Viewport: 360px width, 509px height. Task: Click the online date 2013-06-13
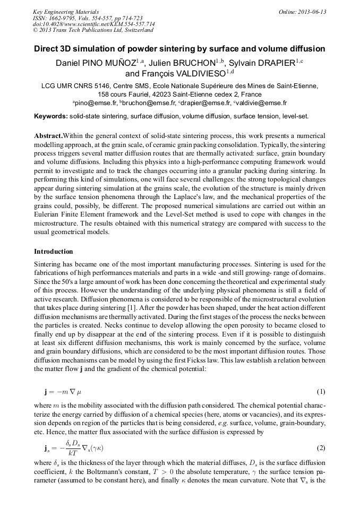[x=312, y=12]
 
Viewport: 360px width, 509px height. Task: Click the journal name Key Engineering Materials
[x=65, y=12]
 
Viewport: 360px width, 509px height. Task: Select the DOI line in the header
[x=93, y=24]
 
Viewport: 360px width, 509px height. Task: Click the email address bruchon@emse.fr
[x=139, y=103]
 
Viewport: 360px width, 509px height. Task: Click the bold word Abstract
[x=48, y=135]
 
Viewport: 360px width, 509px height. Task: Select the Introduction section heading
[x=54, y=251]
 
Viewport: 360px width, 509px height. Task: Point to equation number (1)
[x=321, y=392]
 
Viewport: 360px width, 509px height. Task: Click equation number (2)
[x=321, y=447]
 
